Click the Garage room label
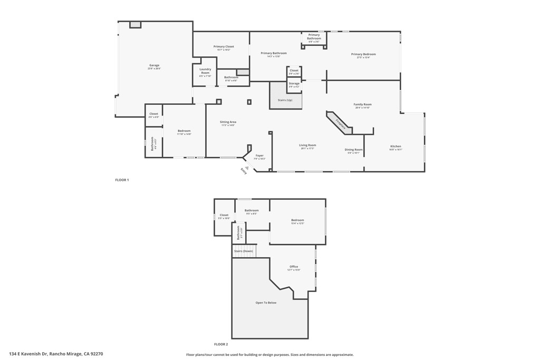coord(154,66)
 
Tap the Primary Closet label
coord(224,47)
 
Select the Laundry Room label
coord(205,71)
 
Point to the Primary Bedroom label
coord(363,54)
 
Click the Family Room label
coord(362,104)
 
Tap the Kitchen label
coord(396,147)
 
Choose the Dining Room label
coord(354,150)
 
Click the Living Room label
coord(307,145)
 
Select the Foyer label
coord(259,156)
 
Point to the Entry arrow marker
coord(246,168)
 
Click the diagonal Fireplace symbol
coord(340,124)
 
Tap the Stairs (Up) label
coord(285,100)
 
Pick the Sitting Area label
coord(228,122)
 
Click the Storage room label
coord(294,84)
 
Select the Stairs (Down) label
coord(244,251)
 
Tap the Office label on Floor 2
coord(294,267)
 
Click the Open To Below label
coord(266,303)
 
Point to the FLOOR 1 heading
coord(122,180)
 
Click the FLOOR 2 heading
coord(221,344)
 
